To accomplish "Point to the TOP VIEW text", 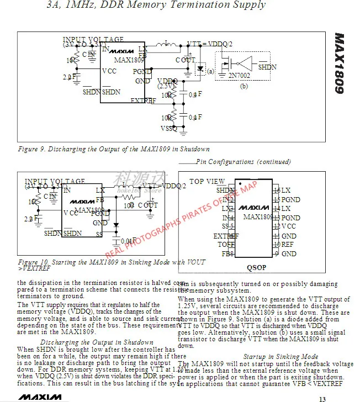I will (207, 181).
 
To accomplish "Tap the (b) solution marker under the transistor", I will (244, 86).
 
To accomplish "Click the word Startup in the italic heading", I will (256, 357).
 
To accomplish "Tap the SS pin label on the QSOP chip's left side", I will (225, 226).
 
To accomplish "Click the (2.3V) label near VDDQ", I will (165, 86).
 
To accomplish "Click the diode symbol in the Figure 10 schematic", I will (116, 225).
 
